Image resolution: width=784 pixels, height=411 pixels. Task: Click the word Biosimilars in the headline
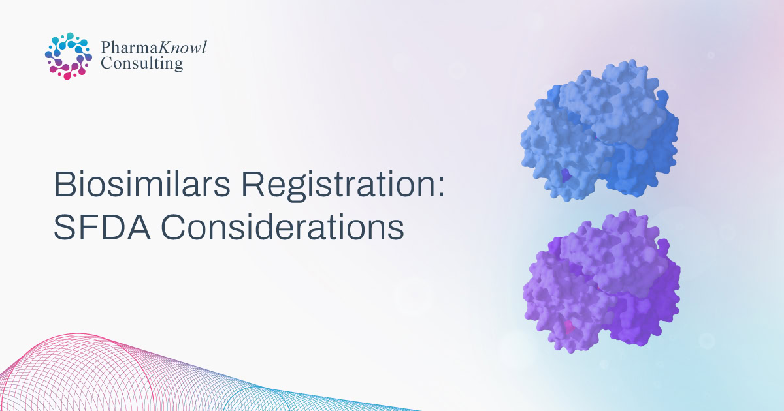[142, 184]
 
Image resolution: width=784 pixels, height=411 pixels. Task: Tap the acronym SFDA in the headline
[102, 227]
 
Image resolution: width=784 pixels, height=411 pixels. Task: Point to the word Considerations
[282, 227]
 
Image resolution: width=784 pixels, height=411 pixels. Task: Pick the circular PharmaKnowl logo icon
[69, 56]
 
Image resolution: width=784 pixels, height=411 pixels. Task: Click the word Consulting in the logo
[142, 64]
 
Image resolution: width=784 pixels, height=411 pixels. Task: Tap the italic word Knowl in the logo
[182, 47]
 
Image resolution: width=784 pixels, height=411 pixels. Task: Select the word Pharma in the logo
[129, 48]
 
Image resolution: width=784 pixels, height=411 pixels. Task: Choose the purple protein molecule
[601, 281]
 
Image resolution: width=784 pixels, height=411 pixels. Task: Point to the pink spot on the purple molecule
[569, 327]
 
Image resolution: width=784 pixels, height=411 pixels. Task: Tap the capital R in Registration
[253, 184]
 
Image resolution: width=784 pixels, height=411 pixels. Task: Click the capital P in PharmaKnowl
[106, 48]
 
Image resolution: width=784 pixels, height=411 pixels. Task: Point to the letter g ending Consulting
[178, 65]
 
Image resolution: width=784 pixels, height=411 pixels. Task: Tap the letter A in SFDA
[138, 227]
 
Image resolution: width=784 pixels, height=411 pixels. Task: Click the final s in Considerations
[396, 231]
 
